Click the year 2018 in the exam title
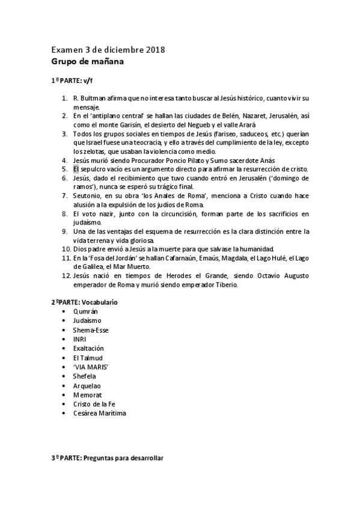(x=154, y=49)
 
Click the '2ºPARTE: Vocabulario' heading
(x=84, y=302)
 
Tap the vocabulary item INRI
(x=79, y=339)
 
